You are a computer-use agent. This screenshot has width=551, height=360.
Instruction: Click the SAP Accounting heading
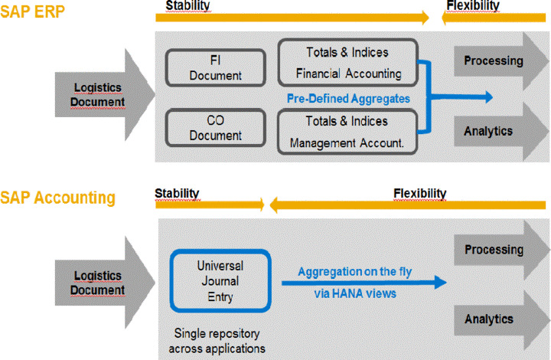coord(57,198)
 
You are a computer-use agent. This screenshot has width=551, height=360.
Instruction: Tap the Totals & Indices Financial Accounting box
coord(347,63)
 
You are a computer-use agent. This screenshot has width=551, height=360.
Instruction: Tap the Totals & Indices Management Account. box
coord(347,132)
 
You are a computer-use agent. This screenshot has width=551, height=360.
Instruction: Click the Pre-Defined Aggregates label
coord(347,98)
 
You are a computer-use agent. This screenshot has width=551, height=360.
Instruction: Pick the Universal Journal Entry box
coord(220,280)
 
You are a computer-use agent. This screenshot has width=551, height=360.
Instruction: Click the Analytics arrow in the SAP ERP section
coord(494,131)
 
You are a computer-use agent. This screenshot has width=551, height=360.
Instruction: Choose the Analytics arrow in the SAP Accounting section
coord(494,319)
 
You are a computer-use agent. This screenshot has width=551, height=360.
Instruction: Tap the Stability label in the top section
coord(187,6)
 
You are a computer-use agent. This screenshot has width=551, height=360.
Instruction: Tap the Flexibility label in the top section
coord(473,6)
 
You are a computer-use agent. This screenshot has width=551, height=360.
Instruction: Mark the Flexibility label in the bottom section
coord(419,192)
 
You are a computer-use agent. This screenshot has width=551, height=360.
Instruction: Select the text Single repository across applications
coord(220,340)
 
